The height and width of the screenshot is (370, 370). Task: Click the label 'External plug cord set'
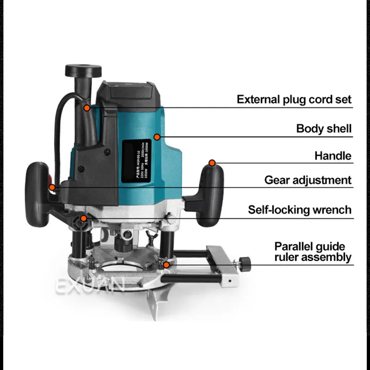[x=294, y=99]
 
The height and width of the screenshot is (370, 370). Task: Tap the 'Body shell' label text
[x=324, y=129]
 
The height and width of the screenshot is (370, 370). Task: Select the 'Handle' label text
[x=333, y=156]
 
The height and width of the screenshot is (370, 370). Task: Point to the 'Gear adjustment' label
[x=308, y=180]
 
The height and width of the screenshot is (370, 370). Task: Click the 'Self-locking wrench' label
[x=300, y=210]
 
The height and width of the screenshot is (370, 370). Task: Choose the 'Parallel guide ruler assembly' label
[x=313, y=252]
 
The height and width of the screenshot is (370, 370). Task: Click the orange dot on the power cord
[x=87, y=107]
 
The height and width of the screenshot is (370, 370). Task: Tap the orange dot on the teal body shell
[x=157, y=137]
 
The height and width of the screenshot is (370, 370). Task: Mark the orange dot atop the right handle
[x=212, y=163]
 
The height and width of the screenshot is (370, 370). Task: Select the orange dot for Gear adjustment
[x=52, y=187]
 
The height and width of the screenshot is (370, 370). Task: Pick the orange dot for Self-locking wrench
[x=83, y=218]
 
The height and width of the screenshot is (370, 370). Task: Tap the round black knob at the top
[x=83, y=70]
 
